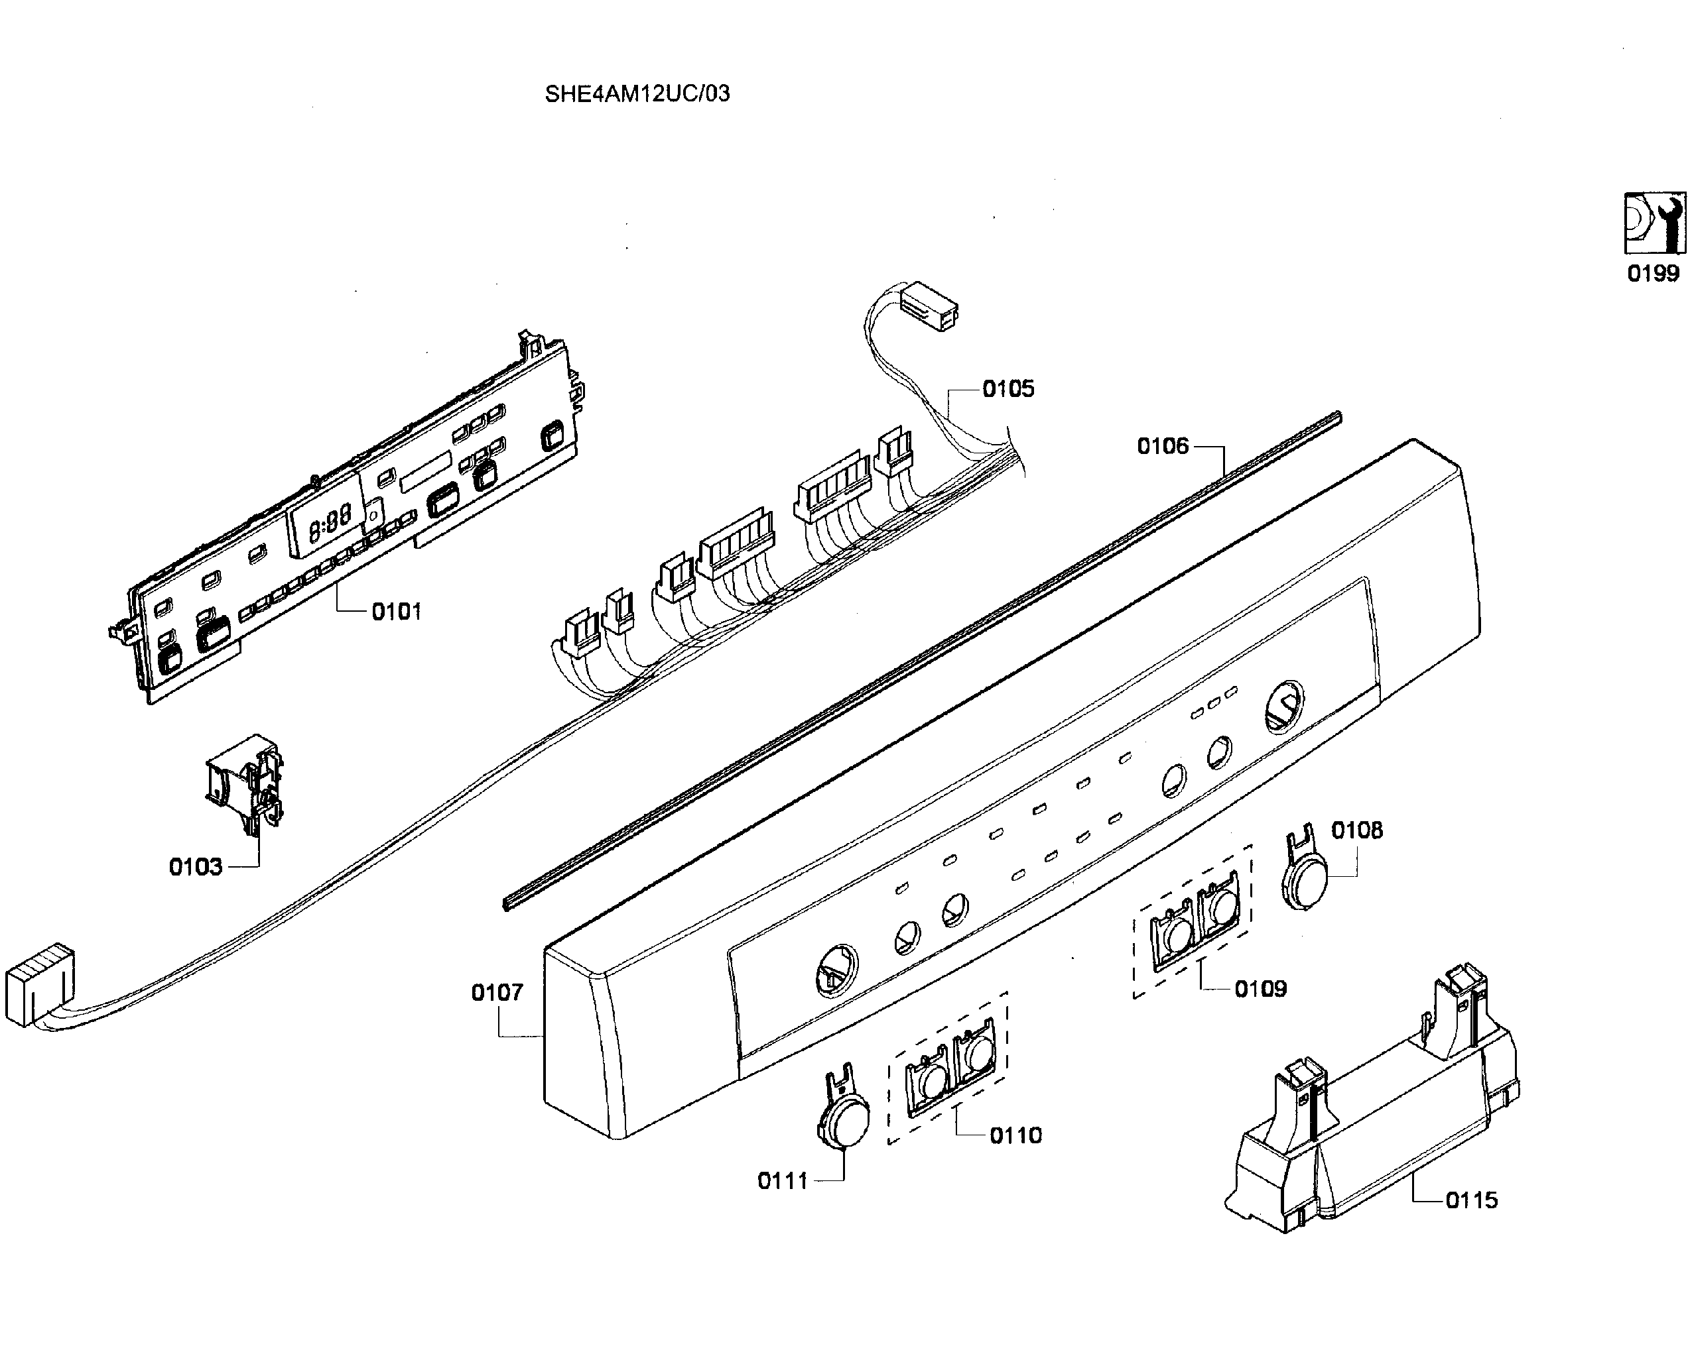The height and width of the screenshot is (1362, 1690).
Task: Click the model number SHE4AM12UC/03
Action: point(637,93)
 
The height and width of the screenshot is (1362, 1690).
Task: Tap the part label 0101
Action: point(397,611)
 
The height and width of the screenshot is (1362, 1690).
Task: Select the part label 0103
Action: point(196,867)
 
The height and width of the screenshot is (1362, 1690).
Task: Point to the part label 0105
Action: point(1009,388)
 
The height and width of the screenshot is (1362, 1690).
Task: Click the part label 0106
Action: point(1163,447)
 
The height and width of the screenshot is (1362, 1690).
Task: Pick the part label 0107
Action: point(497,992)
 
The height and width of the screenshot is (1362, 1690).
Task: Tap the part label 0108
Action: point(1357,830)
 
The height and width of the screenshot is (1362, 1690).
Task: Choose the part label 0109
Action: point(1261,989)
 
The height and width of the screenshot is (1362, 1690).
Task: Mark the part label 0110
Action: point(1015,1135)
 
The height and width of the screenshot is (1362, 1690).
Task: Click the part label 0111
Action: point(783,1181)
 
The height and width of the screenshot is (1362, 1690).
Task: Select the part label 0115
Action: point(1472,1200)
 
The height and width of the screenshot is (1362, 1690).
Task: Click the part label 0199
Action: point(1653,273)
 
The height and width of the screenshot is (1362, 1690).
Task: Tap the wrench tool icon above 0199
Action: point(1655,223)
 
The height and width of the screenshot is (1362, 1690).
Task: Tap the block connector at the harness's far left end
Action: point(39,986)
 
